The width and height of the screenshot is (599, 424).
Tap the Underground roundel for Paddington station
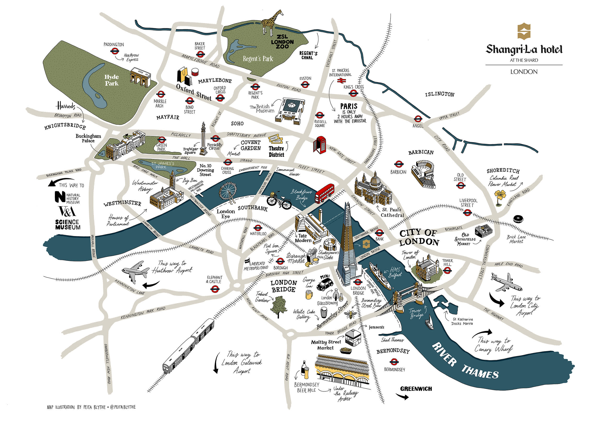click(114, 51)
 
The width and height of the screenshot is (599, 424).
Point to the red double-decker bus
click(324, 194)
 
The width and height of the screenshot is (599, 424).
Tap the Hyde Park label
click(112, 80)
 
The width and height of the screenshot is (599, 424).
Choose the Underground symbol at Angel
click(418, 119)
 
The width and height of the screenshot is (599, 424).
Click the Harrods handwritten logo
click(66, 106)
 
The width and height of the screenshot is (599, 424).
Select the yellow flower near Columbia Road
click(500, 195)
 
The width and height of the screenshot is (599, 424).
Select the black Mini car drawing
click(325, 284)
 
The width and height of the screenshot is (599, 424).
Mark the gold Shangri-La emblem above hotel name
click(524, 31)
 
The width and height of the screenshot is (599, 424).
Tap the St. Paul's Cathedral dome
click(376, 179)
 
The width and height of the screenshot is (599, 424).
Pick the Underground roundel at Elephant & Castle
click(215, 289)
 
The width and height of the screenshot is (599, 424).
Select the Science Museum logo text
click(68, 224)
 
